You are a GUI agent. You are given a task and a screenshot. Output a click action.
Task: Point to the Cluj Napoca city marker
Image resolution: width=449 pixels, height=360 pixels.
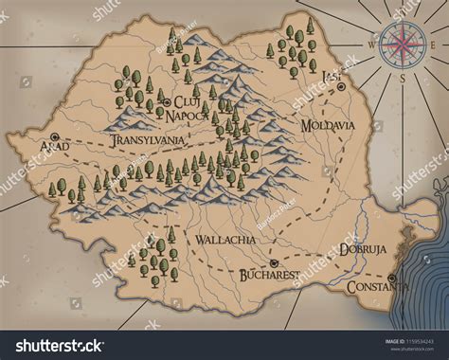point(166,101)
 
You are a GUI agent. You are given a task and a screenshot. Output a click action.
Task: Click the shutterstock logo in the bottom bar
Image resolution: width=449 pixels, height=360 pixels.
point(66,345)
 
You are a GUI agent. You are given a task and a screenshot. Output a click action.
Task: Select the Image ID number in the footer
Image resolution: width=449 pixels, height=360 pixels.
point(408,340)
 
